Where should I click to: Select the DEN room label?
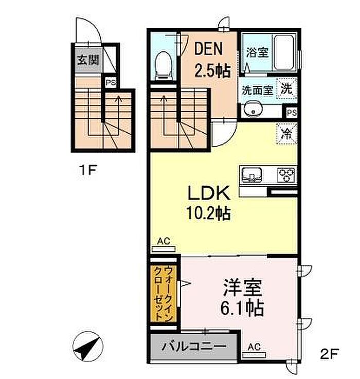tap(208, 50)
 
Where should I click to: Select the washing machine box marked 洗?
tap(286, 88)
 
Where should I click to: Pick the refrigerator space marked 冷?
tap(287, 133)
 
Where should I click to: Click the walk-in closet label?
tap(164, 293)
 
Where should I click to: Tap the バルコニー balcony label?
tap(194, 346)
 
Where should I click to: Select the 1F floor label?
tap(88, 170)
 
